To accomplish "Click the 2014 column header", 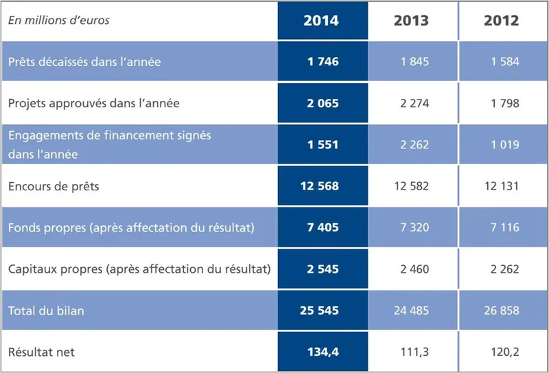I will [x=321, y=21].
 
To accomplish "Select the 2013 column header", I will [x=411, y=21].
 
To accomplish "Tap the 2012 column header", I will [x=502, y=21].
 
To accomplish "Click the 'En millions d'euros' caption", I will [x=58, y=20].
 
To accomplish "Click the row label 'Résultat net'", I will [x=41, y=352].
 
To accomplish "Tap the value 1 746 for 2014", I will [x=323, y=62].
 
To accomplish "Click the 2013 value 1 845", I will [x=414, y=62].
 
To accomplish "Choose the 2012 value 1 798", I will [x=505, y=103].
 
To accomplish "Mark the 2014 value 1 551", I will [x=323, y=145].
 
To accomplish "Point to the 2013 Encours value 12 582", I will [x=411, y=186].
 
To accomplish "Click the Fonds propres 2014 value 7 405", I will [x=323, y=227].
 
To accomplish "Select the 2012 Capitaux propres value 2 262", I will [x=505, y=269].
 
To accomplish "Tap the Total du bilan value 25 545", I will [x=320, y=310].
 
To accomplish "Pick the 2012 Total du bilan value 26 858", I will [x=502, y=310].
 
